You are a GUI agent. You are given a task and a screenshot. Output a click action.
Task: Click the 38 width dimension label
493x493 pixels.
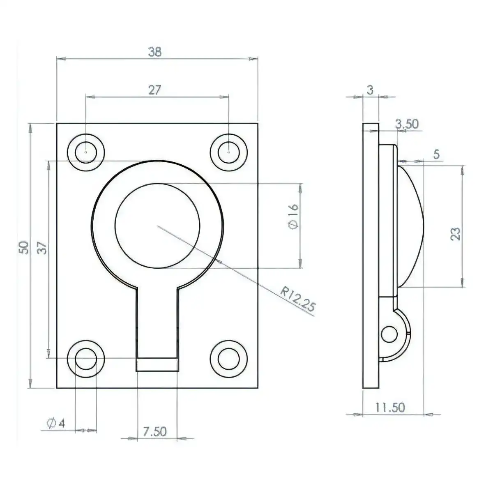(155, 52)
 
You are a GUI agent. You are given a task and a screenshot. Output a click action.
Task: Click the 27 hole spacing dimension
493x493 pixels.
(154, 90)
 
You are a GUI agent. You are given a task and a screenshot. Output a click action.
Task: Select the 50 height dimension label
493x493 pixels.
(24, 247)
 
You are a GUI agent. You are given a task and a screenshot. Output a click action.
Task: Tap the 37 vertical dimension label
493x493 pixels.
(42, 248)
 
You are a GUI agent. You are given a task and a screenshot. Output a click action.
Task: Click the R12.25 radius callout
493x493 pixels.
(297, 299)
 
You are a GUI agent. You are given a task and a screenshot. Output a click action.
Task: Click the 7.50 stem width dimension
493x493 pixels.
(154, 432)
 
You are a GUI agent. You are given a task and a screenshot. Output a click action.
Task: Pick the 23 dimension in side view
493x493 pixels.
(455, 234)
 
